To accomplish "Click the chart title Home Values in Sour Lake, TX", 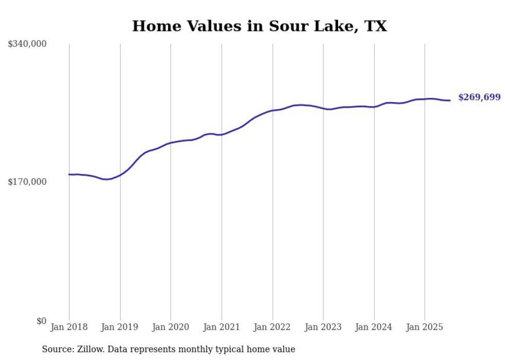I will click(x=259, y=26).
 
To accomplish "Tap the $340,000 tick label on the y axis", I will click(x=27, y=44).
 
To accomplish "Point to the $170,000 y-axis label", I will click(x=27, y=182).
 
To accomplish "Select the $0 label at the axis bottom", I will click(x=42, y=321).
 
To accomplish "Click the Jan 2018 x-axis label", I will click(x=69, y=327).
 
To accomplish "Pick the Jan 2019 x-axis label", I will click(x=120, y=327).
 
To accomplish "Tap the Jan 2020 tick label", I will click(x=171, y=327).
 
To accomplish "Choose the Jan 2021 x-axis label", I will click(x=222, y=327).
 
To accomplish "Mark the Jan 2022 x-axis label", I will click(x=273, y=327).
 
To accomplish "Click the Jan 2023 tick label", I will click(x=323, y=327).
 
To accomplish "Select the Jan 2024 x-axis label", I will click(x=374, y=327).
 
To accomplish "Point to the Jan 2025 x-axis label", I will click(x=425, y=327).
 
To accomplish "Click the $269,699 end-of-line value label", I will click(x=479, y=97).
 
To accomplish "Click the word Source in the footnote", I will click(x=56, y=349).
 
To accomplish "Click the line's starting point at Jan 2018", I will click(x=69, y=175).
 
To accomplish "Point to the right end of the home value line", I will click(x=450, y=100).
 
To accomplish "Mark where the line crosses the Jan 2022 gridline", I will click(x=273, y=110).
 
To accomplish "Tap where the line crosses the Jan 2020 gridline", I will click(x=171, y=143).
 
